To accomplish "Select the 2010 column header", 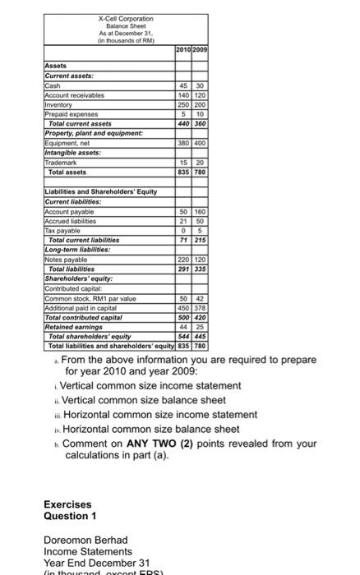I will (185, 51).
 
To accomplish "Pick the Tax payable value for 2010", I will (185, 229).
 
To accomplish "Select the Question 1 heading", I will (70, 516).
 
